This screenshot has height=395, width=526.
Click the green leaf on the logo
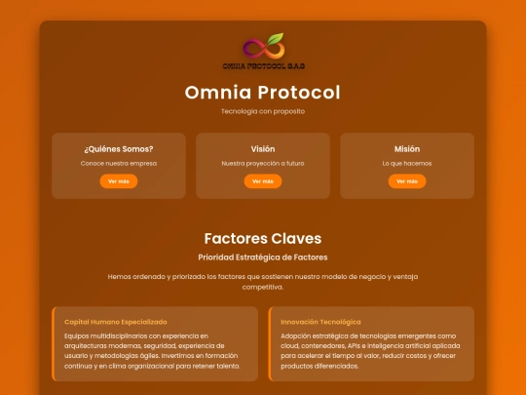(276, 39)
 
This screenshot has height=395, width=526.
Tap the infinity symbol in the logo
(264, 49)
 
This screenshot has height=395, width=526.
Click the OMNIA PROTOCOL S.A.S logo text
(264, 66)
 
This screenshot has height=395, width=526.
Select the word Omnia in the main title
(218, 92)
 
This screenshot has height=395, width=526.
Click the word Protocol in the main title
(299, 92)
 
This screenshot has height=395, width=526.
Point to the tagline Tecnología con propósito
(263, 111)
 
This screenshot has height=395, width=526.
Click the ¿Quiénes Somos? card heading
(119, 149)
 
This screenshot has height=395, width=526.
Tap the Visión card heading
(263, 149)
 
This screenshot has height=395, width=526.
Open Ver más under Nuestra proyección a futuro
(263, 181)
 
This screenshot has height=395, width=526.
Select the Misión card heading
(407, 149)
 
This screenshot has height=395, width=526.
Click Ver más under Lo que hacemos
(407, 181)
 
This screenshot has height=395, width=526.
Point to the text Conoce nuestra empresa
(119, 163)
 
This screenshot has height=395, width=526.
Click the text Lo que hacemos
(407, 164)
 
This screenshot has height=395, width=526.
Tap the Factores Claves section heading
(263, 239)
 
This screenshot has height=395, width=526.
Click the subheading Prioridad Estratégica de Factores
(263, 257)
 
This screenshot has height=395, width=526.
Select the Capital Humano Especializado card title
(116, 322)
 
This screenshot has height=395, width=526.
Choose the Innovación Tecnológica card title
(320, 322)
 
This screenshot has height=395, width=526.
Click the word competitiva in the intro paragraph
(263, 287)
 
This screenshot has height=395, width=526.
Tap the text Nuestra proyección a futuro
(263, 164)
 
